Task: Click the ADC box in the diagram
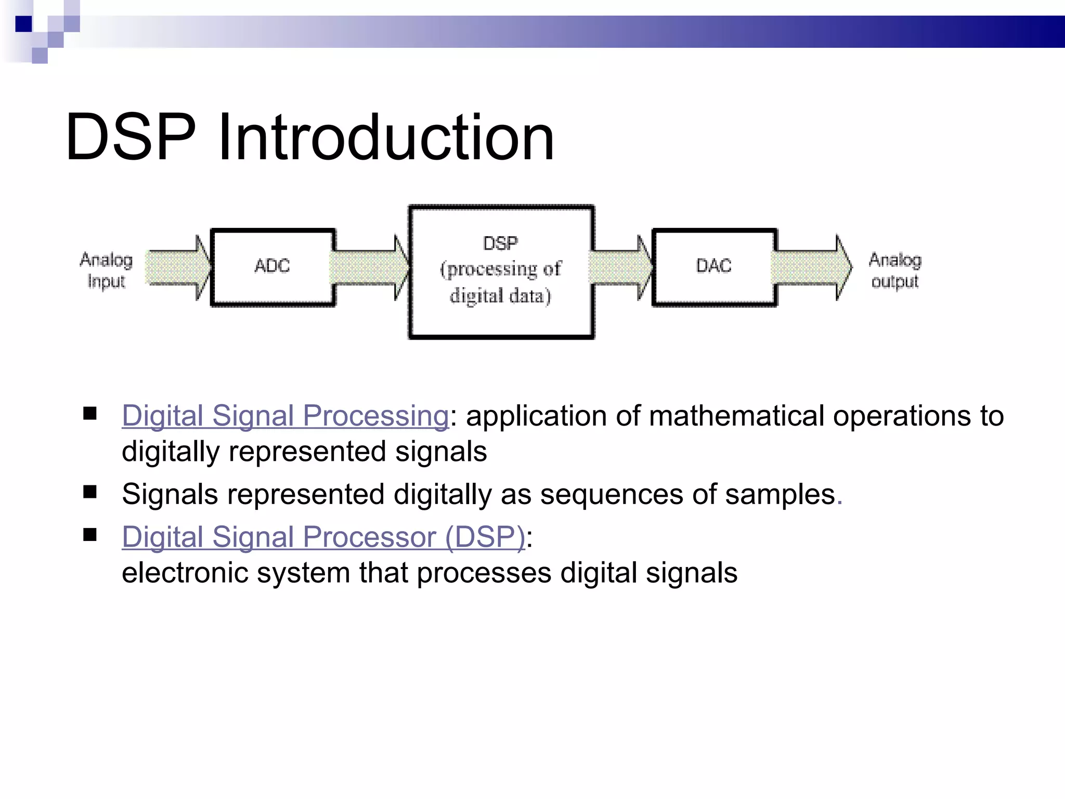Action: (272, 267)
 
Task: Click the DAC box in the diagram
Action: (714, 267)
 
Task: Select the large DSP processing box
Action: (501, 271)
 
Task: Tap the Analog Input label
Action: (106, 270)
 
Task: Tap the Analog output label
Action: (895, 270)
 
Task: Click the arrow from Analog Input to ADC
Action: (177, 267)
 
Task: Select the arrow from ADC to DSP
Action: (369, 267)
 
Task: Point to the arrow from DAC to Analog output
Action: (810, 267)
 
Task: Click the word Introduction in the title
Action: (386, 137)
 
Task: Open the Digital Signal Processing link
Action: (285, 416)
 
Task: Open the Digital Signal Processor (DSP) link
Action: (323, 537)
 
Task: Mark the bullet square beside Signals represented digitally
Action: (90, 492)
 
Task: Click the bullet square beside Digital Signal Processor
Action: (90, 534)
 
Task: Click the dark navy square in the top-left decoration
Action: (23, 24)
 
